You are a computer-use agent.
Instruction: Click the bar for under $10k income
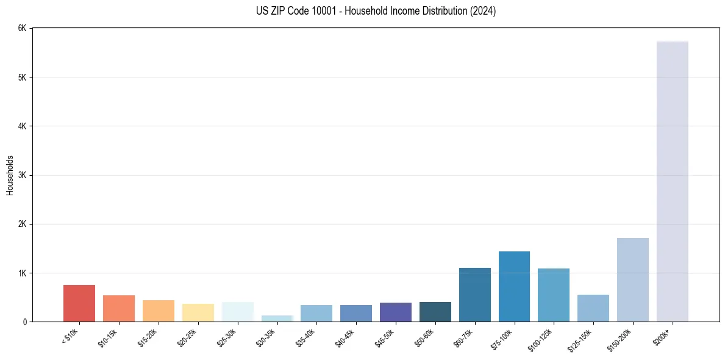pyautogui.click(x=79, y=303)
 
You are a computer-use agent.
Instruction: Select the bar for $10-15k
pyautogui.click(x=119, y=309)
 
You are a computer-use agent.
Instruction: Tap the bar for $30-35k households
pyautogui.click(x=277, y=319)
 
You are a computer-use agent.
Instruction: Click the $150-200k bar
pyautogui.click(x=632, y=280)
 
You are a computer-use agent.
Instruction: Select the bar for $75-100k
pyautogui.click(x=514, y=287)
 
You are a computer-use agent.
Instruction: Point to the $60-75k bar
pyautogui.click(x=474, y=295)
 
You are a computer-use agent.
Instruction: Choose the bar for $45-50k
pyautogui.click(x=396, y=312)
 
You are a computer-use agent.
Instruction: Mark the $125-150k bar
pyautogui.click(x=593, y=308)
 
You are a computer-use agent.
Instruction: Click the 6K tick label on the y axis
pyautogui.click(x=22, y=28)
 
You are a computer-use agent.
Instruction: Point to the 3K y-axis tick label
pyautogui.click(x=22, y=175)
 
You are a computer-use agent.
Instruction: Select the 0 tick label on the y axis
pyautogui.click(x=24, y=322)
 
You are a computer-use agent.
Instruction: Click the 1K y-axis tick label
pyautogui.click(x=22, y=273)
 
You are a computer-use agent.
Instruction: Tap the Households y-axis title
pyautogui.click(x=10, y=175)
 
